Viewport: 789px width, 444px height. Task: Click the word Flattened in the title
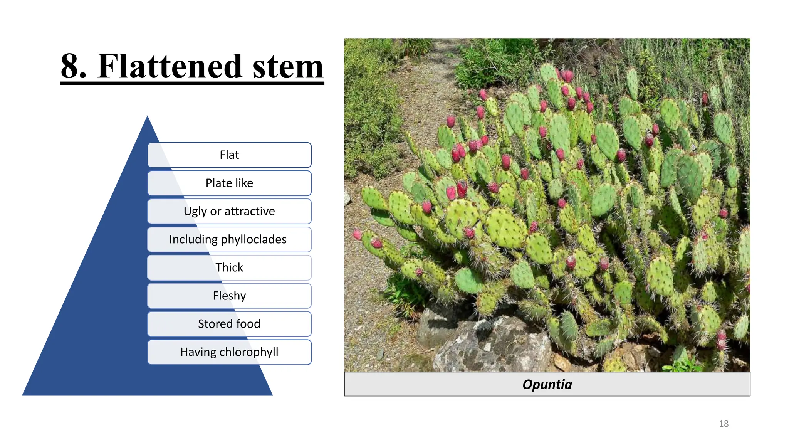(170, 66)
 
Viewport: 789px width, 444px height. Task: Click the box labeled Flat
(229, 155)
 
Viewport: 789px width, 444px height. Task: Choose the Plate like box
(229, 183)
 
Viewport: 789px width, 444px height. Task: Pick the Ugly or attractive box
(229, 211)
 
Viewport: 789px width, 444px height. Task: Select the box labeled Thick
(229, 267)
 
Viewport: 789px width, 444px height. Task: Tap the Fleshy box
(229, 296)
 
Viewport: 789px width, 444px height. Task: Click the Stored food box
(229, 324)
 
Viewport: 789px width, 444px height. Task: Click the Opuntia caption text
(547, 384)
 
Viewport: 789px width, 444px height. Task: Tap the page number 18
(724, 424)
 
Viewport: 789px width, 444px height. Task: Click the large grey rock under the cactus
(493, 347)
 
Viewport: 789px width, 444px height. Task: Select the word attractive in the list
(250, 211)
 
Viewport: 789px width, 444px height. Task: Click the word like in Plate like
(244, 183)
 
